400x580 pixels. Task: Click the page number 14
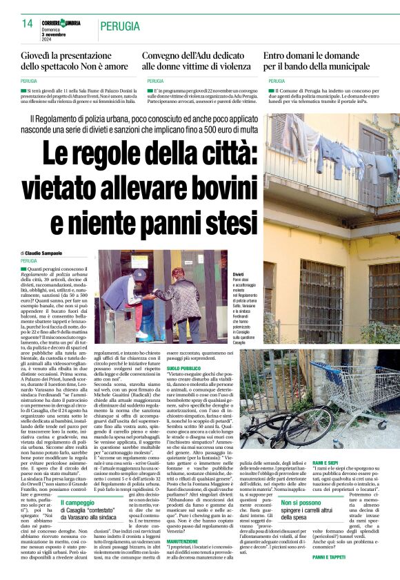(x=27, y=23)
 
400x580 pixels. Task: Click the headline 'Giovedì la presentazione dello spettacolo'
(x=74, y=61)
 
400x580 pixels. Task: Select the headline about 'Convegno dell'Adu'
(x=197, y=61)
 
